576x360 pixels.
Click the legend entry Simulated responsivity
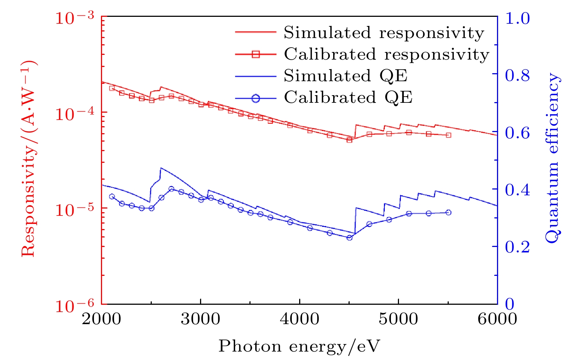[x=384, y=33]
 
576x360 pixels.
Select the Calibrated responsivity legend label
[x=387, y=54]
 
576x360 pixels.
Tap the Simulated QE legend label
[x=345, y=76]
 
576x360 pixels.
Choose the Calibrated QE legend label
[x=348, y=97]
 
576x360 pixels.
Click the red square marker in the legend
[x=256, y=54]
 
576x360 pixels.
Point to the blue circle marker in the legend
[x=256, y=98]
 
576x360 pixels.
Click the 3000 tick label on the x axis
[x=200, y=319]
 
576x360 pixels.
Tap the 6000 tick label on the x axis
[x=497, y=319]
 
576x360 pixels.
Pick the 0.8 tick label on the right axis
[x=517, y=75]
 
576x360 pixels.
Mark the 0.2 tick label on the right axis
[x=517, y=247]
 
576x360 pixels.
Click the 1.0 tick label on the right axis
[x=517, y=18]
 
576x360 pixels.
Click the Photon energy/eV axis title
[x=299, y=346]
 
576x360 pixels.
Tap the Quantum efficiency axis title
[x=552, y=158]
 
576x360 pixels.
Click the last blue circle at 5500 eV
[x=448, y=213]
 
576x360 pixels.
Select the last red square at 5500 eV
[x=448, y=135]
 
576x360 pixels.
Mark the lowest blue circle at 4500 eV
[x=349, y=238]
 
